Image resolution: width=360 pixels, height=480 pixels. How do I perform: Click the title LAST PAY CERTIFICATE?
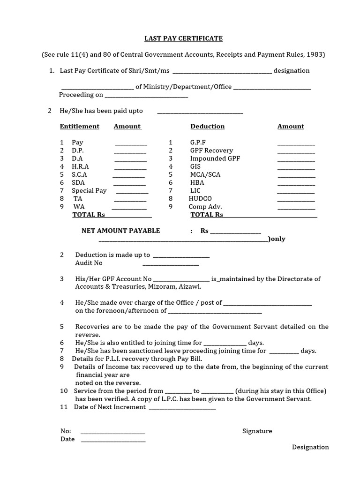pyautogui.click(x=180, y=38)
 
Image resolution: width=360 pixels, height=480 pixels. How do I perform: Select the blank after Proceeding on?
pyautogui.click(x=146, y=96)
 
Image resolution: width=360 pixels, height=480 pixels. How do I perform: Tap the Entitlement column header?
pyautogui.click(x=80, y=127)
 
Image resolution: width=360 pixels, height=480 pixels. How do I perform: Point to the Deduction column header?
pyautogui.click(x=207, y=127)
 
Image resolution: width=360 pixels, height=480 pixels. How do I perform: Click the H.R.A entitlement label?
pyautogui.click(x=80, y=166)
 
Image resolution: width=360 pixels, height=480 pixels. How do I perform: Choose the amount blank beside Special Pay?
pyautogui.click(x=132, y=192)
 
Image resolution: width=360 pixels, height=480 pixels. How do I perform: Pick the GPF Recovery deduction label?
pyautogui.click(x=211, y=150)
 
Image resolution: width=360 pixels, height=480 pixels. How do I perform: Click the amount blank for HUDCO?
pyautogui.click(x=296, y=200)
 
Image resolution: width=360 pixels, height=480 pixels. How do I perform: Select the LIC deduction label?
pyautogui.click(x=195, y=190)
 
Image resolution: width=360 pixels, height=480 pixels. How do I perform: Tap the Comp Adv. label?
pyautogui.click(x=205, y=207)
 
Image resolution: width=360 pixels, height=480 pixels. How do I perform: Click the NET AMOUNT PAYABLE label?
pyautogui.click(x=120, y=231)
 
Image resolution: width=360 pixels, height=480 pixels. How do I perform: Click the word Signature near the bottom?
pyautogui.click(x=257, y=431)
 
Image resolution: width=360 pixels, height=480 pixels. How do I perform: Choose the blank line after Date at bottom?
pyautogui.click(x=113, y=441)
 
